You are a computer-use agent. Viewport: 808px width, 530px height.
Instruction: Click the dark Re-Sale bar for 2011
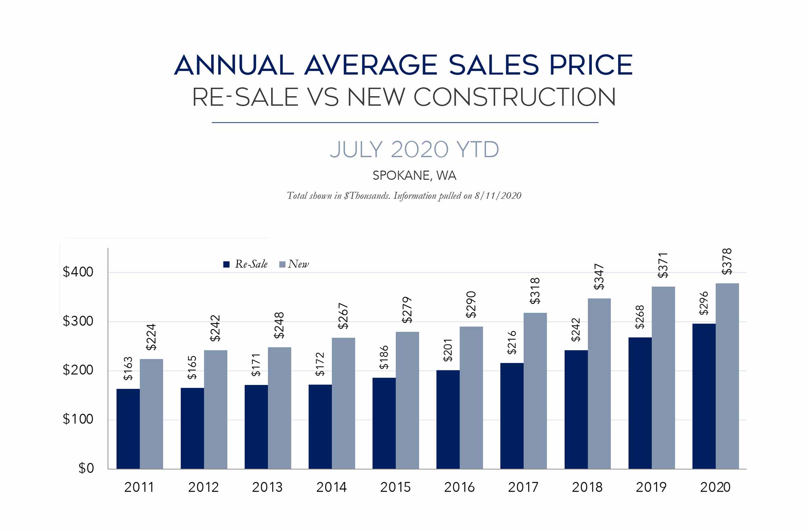pos(128,429)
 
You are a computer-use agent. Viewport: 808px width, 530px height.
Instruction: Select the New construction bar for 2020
pos(727,376)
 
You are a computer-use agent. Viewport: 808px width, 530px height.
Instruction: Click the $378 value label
pos(727,262)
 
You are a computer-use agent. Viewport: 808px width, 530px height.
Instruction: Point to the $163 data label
pos(128,368)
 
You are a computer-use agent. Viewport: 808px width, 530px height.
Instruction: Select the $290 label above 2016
pos(471,305)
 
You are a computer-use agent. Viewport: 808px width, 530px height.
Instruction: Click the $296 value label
pos(704,303)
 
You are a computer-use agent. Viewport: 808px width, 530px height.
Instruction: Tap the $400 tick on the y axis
pos(78,272)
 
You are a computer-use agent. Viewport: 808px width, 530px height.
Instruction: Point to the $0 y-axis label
pos(86,468)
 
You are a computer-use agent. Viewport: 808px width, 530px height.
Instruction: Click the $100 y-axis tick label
pos(78,419)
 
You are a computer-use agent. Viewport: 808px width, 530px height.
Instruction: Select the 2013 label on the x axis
pos(267,487)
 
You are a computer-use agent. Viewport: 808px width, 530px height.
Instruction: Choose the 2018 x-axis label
pos(587,487)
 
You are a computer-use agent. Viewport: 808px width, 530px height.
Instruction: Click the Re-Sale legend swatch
pos(227,264)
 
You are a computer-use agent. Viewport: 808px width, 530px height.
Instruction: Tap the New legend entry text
pos(298,264)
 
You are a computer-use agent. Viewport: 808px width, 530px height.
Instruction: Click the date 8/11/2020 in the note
pos(498,196)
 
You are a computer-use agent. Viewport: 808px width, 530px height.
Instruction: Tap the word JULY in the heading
pos(356,149)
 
